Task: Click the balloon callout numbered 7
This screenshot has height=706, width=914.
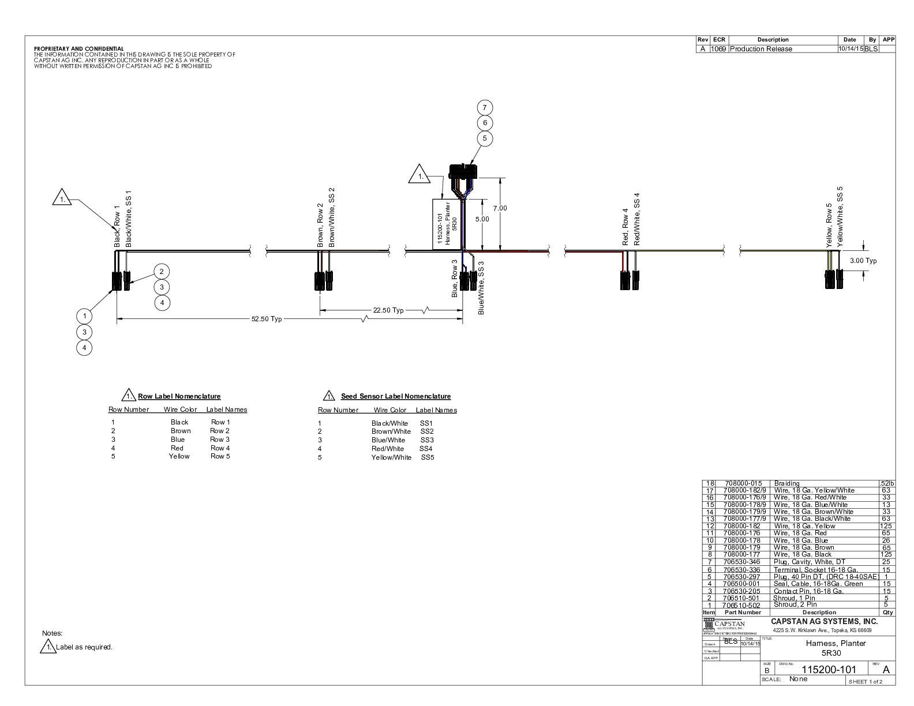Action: click(x=485, y=107)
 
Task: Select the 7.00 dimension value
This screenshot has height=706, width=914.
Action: click(x=500, y=208)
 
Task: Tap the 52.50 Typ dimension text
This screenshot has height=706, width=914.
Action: click(x=266, y=319)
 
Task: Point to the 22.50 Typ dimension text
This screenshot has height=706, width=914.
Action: click(x=388, y=310)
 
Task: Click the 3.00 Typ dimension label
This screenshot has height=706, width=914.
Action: click(x=863, y=261)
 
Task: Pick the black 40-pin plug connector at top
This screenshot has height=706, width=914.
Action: click(x=463, y=171)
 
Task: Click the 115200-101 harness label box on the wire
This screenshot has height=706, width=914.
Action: click(x=447, y=224)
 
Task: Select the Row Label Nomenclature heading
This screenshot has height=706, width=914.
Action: click(x=179, y=396)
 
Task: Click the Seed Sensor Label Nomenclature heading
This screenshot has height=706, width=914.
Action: click(x=395, y=396)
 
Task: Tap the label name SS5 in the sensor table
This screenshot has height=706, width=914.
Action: click(x=427, y=457)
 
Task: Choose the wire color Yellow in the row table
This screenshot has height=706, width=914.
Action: click(x=179, y=456)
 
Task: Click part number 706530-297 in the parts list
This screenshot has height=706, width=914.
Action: click(x=741, y=577)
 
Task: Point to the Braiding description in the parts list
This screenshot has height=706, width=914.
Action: click(x=786, y=483)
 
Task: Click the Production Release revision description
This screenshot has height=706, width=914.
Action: click(x=761, y=49)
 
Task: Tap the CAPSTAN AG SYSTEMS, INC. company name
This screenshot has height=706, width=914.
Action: click(x=824, y=621)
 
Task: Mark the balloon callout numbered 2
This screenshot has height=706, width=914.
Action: click(x=162, y=271)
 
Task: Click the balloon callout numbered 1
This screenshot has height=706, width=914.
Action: click(x=84, y=316)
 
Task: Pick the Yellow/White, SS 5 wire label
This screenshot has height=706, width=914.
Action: click(x=840, y=217)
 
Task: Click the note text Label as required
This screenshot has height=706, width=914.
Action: click(x=84, y=647)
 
